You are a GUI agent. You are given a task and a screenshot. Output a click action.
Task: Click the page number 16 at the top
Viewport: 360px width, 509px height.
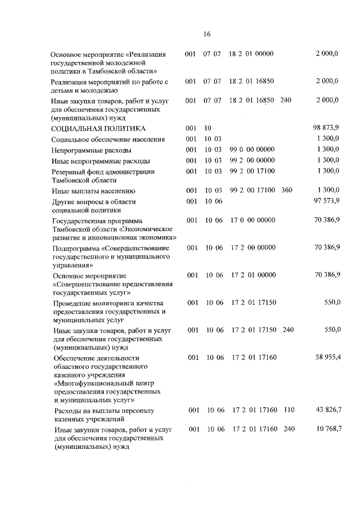[x=206, y=34]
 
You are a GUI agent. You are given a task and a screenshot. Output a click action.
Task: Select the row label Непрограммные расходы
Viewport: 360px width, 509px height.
[x=91, y=150]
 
